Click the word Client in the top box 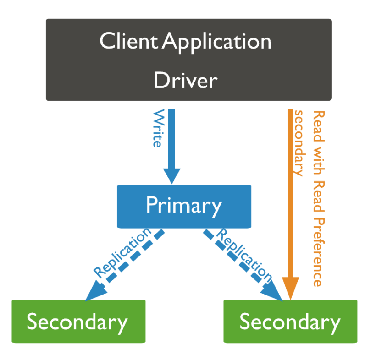pos(129,41)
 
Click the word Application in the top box pos(216,43)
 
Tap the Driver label pos(185,81)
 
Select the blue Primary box pos(184,206)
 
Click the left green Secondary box pos(79,321)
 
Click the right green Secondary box pos(290,321)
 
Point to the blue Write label pos(158,128)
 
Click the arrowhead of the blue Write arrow pos(171,176)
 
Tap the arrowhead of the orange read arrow pos(290,288)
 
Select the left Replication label pos(122,253)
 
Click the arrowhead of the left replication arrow pos(95,290)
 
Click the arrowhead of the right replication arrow pos(272,291)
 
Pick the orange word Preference pos(319,252)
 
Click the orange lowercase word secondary pos(300,143)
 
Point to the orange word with pos(319,161)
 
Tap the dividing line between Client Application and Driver pos(189,60)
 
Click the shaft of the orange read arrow pos(290,193)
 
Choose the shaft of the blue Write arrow pos(171,139)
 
